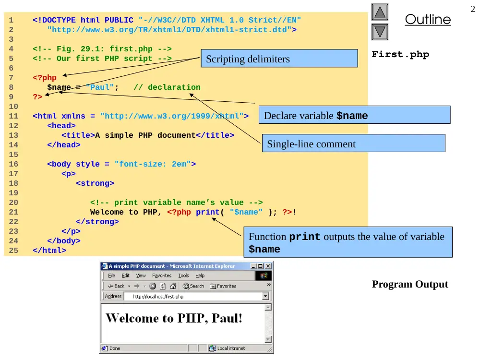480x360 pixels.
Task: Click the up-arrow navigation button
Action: point(380,12)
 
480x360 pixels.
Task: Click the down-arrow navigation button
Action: point(380,32)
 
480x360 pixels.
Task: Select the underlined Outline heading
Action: point(428,19)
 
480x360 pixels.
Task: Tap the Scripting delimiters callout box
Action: point(279,58)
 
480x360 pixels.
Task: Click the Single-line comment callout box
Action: point(354,143)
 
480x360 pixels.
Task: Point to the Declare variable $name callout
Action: point(355,115)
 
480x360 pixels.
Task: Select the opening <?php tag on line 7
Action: point(45,78)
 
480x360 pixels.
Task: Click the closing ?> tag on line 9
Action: point(37,97)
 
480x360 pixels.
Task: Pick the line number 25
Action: point(13,251)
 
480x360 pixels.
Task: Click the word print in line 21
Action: point(208,212)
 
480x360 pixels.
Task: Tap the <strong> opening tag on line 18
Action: point(95,183)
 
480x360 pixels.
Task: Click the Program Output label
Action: point(410,284)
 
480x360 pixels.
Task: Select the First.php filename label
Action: point(400,54)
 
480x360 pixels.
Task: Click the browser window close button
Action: point(268,266)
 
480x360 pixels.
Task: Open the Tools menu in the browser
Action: point(183,276)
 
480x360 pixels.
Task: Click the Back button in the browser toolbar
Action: point(116,286)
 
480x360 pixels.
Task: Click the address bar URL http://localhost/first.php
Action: point(158,296)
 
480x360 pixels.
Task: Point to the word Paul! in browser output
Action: point(227,318)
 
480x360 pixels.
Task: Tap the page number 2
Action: point(473,9)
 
